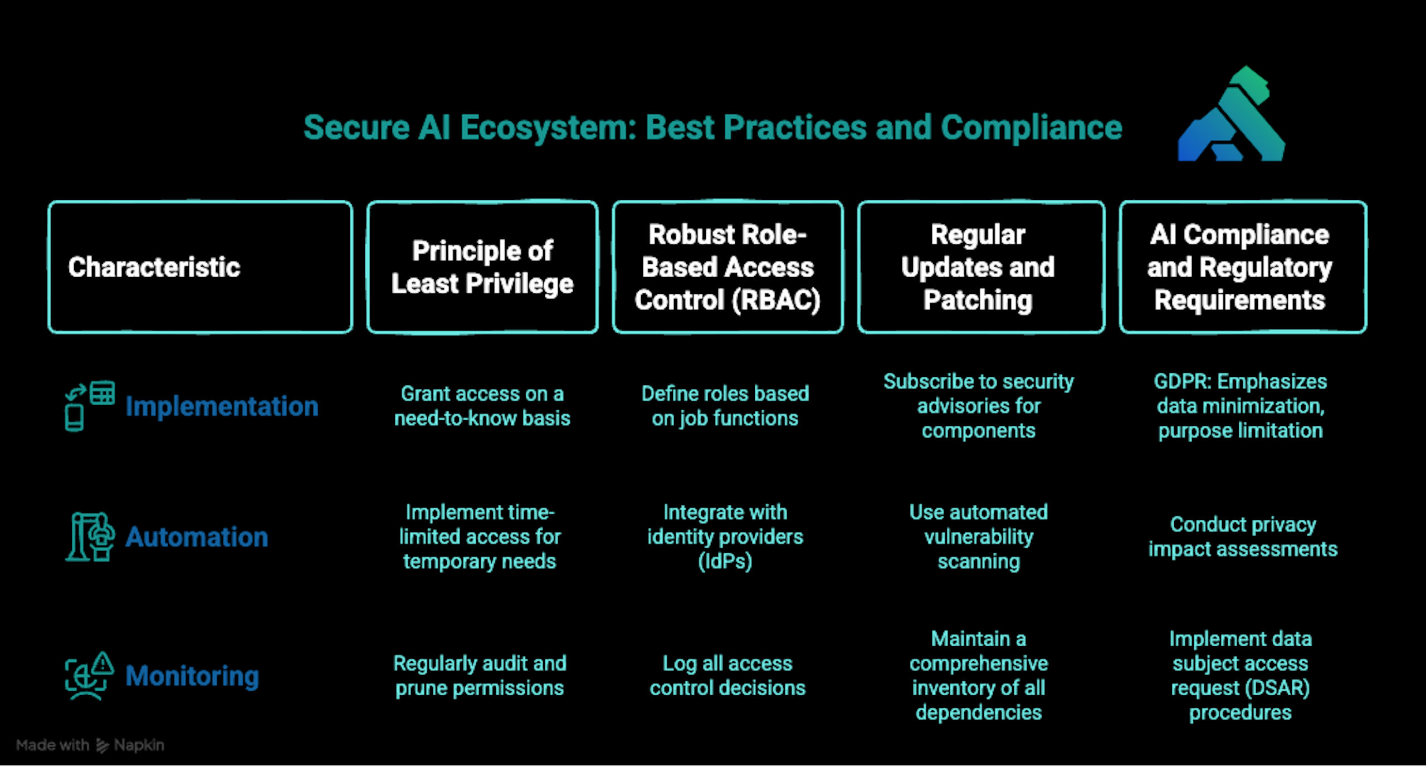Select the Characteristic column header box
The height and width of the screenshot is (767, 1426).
coord(200,267)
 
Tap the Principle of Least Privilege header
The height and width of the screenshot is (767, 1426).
coord(482,267)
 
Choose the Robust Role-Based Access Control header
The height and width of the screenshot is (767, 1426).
coord(727,267)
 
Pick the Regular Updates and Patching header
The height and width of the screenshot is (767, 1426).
coord(980,267)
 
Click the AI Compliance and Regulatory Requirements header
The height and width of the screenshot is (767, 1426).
coord(1243,267)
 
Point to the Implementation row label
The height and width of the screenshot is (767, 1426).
coord(222,406)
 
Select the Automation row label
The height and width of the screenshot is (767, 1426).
coord(197,537)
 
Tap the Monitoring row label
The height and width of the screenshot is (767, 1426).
coord(192,676)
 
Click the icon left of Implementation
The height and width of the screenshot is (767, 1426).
coord(89,406)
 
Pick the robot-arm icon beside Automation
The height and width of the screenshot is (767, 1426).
coord(90,537)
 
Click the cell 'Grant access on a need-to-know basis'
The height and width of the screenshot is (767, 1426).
coord(482,406)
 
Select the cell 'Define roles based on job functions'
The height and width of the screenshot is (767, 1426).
coord(725,406)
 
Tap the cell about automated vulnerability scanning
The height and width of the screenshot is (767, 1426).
coord(978,537)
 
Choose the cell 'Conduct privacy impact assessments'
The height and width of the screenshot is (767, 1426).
coord(1243,537)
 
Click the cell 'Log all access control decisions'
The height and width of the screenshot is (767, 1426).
coord(727,676)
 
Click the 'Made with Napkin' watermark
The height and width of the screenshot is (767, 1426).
coord(90,745)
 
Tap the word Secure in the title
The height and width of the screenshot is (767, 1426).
coord(356,128)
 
